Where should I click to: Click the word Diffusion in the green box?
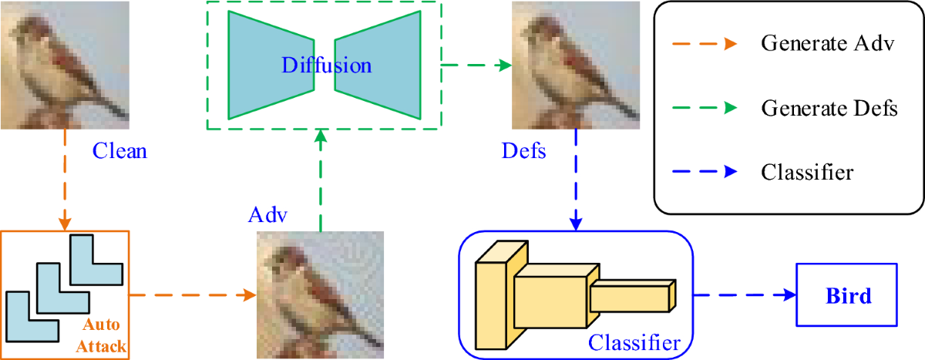326,66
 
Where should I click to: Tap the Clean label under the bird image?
119,150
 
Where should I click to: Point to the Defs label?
523,150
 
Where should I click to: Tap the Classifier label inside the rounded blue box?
634,341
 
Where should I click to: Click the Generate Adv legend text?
827,43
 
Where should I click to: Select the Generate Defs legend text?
829,108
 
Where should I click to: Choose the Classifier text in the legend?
807,171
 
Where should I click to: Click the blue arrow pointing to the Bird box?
744,295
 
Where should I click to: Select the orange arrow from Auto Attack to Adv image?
193,295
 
